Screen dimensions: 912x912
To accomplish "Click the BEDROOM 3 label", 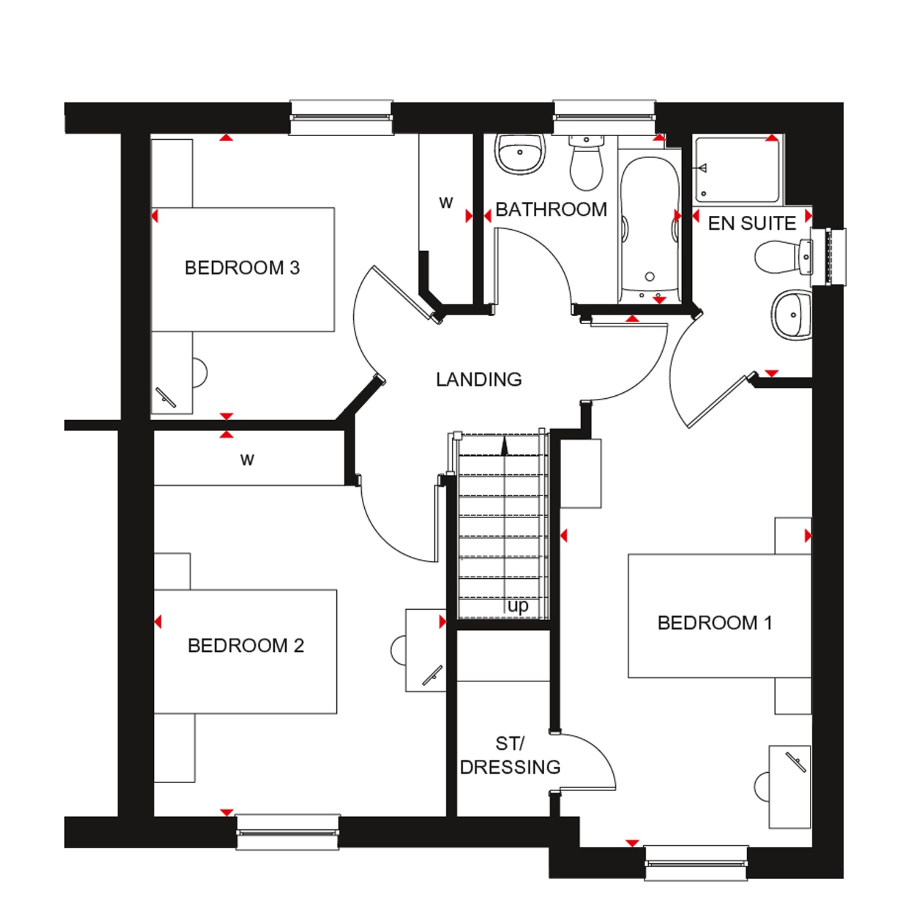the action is point(242,268).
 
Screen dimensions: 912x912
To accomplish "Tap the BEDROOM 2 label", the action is point(246,645).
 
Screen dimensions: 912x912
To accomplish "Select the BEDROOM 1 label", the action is point(715,623).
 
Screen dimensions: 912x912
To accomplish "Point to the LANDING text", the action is point(479,379).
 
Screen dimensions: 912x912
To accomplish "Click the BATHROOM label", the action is point(551,209).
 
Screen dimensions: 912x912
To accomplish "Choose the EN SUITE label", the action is point(752,223).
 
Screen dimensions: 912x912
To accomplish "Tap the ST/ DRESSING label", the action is point(510,755).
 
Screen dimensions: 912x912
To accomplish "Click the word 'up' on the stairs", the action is point(518,606).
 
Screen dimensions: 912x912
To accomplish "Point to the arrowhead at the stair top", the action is point(504,446).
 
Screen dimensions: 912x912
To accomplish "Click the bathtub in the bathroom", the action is point(649,229).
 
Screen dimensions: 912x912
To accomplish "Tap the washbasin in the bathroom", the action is point(519,153).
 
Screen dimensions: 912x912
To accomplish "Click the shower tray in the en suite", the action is point(737,170).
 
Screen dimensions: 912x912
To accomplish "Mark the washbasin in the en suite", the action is point(792,314).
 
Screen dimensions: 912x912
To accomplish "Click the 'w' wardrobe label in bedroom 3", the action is point(446,203).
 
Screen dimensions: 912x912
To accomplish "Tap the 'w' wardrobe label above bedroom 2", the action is point(247,460).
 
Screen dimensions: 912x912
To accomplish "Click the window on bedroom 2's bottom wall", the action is point(288,831).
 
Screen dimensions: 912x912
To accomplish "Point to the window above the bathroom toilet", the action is point(604,117).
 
